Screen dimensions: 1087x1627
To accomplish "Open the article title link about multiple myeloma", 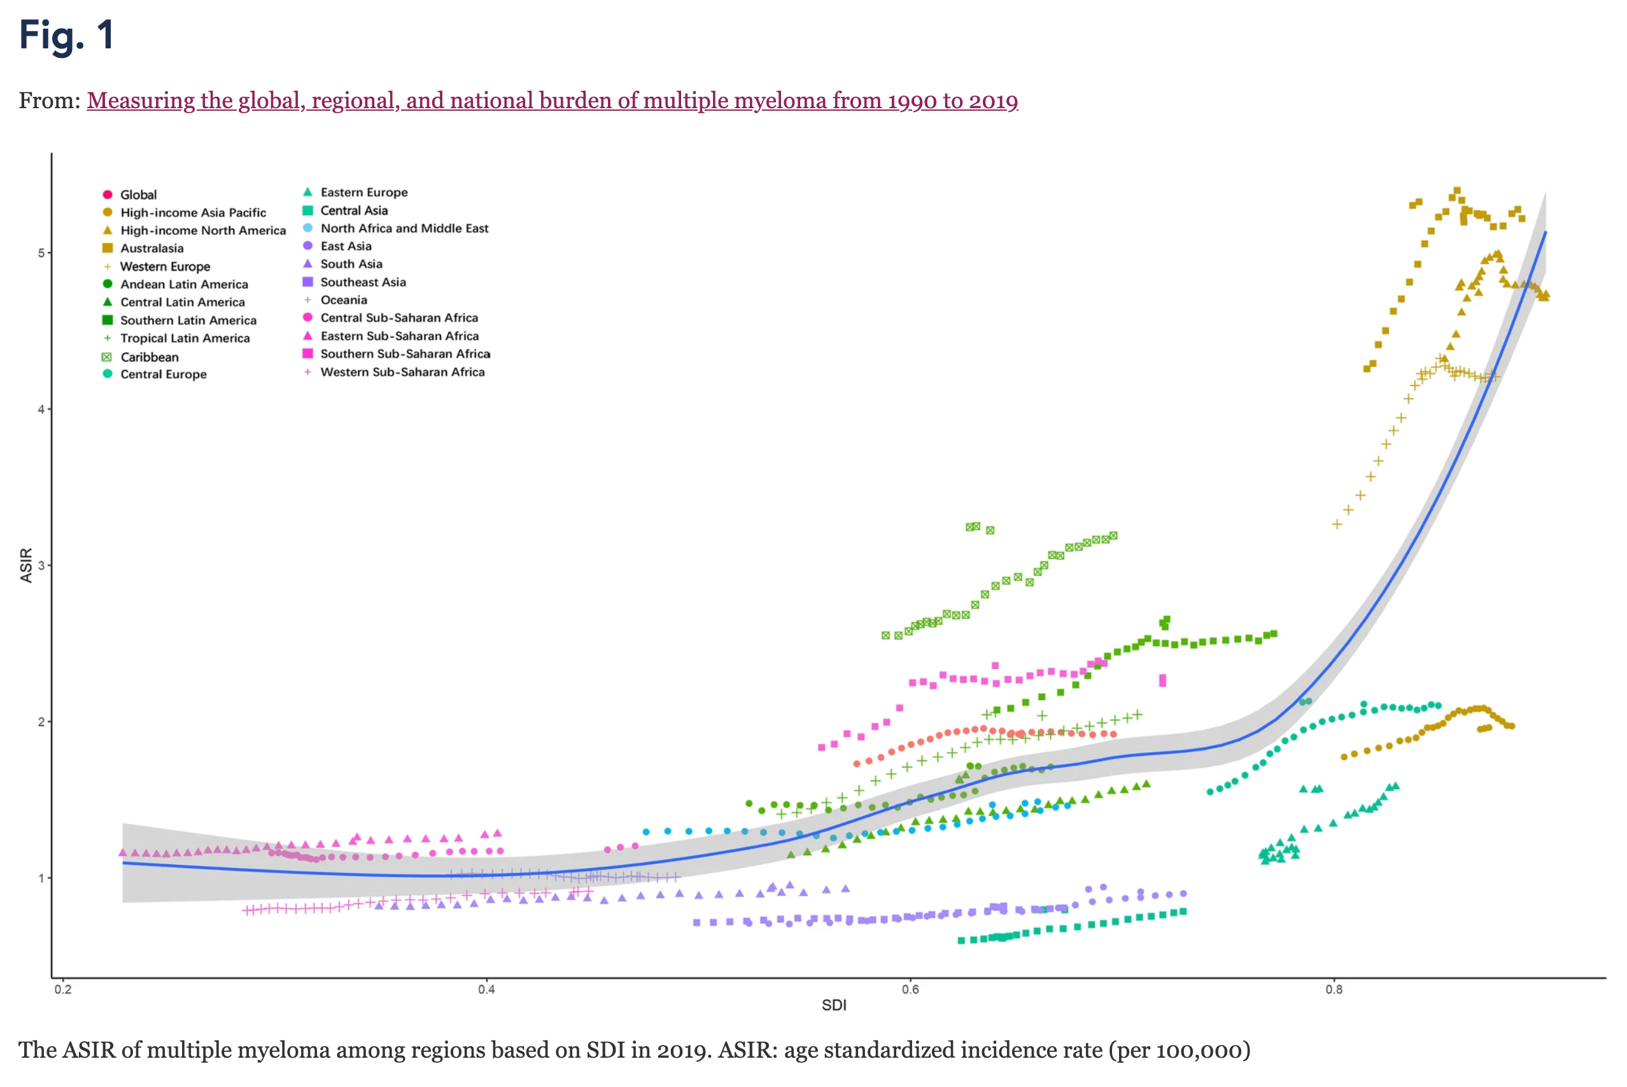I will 552,101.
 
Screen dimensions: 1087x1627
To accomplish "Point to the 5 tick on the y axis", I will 41,253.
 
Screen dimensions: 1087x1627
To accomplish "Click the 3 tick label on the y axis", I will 41,566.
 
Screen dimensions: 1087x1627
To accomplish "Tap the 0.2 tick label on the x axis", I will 63,989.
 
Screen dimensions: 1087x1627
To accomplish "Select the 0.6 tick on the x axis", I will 910,989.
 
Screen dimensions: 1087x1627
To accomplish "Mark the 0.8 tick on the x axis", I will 1334,989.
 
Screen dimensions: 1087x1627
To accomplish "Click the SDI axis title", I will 834,1005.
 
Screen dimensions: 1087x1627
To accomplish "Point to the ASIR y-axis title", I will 26,565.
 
